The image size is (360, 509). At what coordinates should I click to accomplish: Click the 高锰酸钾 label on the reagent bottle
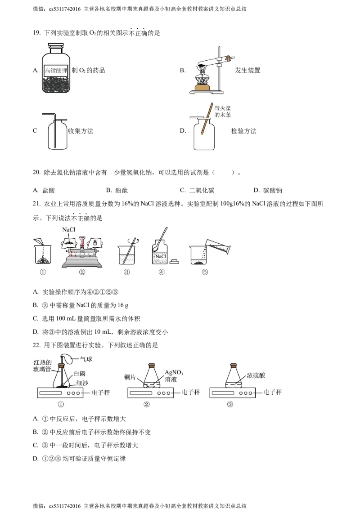point(55,71)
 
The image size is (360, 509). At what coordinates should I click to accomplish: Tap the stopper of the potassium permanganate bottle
point(56,45)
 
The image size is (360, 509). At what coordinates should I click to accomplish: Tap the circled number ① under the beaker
point(42,272)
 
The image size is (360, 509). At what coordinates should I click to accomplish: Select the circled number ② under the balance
point(82,272)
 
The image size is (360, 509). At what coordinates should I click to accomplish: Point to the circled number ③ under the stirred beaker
point(126,272)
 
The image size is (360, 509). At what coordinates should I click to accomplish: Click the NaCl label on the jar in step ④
point(161,256)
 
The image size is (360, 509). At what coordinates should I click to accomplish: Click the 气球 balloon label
point(85,359)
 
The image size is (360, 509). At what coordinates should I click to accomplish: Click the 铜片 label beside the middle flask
point(130,377)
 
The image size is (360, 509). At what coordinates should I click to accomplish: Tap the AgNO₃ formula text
point(174,373)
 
